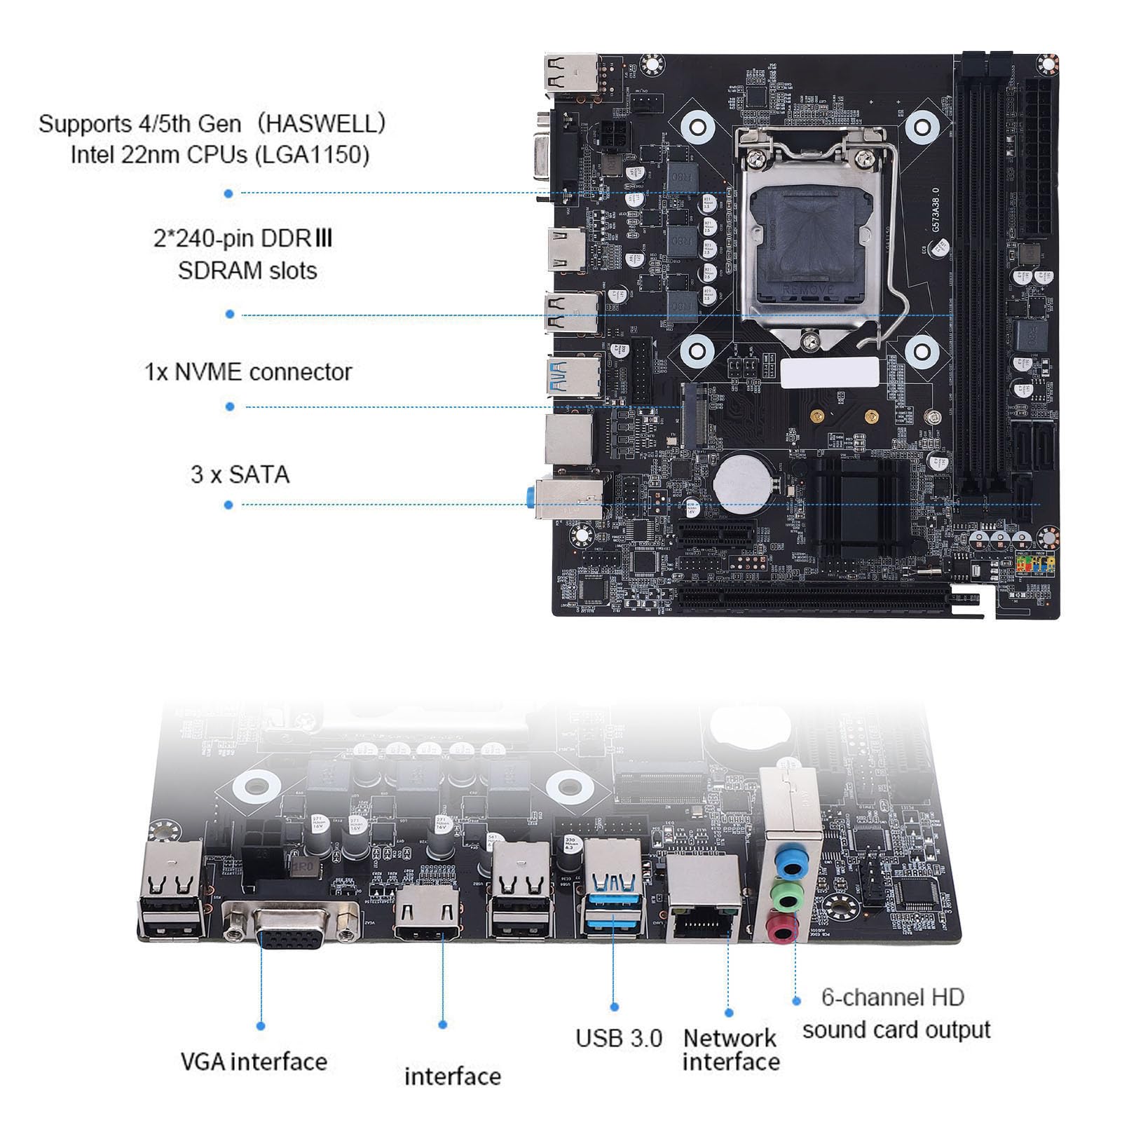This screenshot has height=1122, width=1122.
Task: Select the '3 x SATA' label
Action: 240,474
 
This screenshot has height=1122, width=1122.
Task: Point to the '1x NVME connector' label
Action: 248,371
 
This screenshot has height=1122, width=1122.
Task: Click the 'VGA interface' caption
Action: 254,1062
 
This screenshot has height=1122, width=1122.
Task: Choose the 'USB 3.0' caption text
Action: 618,1038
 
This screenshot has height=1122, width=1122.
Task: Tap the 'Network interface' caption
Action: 730,1049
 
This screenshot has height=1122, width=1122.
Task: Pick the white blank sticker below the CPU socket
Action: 830,372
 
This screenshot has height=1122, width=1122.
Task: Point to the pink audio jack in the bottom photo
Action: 781,931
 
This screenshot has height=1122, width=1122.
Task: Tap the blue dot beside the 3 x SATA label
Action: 228,505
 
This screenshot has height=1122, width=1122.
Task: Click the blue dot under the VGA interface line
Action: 261,1025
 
